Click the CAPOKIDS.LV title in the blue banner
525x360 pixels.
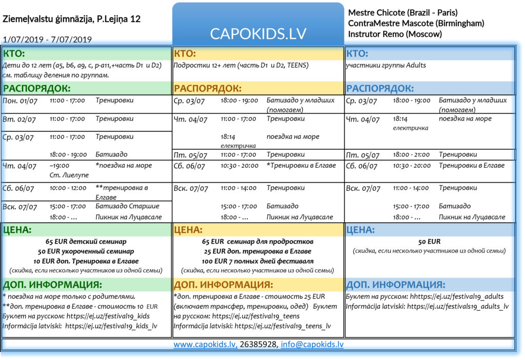258,33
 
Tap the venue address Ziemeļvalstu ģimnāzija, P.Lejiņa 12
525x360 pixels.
72,19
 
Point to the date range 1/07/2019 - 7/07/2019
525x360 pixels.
47,39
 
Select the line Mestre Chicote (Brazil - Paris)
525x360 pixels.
402,12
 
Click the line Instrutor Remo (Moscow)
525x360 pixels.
395,34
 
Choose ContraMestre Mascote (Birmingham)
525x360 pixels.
416,23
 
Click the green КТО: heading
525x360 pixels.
14,53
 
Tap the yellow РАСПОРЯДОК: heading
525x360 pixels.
207,88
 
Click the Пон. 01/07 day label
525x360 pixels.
20,101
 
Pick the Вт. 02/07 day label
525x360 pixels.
19,119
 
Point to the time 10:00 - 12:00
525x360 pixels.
68,188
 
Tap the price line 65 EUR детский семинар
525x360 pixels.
86,242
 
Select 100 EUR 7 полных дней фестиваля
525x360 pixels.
257,261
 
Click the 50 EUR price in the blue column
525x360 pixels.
429,242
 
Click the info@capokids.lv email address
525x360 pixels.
313,345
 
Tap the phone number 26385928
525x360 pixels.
259,345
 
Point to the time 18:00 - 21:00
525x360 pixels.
412,154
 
